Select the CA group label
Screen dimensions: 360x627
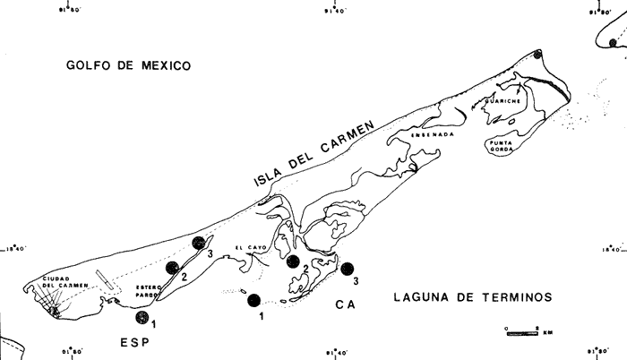345,306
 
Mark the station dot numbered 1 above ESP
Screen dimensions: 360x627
142,318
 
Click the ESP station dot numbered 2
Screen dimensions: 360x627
172,267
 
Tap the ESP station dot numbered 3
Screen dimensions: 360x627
200,243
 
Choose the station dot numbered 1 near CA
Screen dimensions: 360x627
254,300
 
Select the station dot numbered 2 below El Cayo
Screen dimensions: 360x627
293,261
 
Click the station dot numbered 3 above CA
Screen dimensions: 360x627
348,268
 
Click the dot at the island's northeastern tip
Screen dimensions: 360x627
537,56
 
